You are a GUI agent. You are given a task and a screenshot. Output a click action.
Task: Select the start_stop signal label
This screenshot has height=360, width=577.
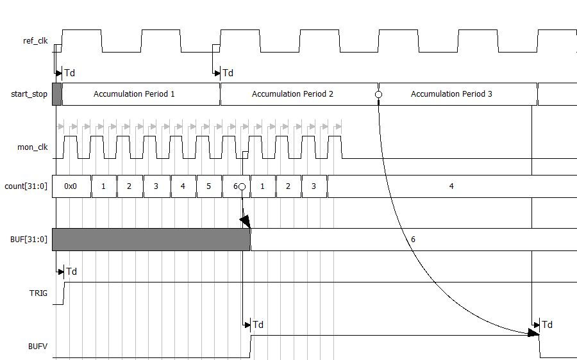pos(29,94)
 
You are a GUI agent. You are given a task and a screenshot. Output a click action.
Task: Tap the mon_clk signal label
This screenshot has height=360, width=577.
pos(33,147)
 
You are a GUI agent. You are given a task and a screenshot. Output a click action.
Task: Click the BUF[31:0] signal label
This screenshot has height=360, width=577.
pos(29,240)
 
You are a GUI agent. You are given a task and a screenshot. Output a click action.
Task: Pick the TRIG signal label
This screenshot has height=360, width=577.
pos(38,293)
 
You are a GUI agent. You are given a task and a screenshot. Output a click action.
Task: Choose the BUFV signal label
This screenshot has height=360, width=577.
pos(38,347)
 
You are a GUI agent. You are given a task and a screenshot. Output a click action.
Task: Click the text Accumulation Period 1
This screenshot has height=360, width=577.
pos(134,94)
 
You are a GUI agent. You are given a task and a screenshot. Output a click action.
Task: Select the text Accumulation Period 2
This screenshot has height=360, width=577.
pos(292,94)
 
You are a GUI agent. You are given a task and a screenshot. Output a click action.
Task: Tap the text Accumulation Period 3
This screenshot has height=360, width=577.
pos(451,94)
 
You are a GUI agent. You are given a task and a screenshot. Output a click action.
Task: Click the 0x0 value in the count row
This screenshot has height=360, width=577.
pos(71,186)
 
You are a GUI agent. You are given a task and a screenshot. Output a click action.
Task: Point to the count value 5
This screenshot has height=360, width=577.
pos(209,186)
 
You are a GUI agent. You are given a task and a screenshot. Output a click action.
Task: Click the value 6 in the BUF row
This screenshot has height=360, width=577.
pos(413,240)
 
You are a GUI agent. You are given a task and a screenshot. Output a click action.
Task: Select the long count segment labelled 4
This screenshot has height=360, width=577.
pos(451,186)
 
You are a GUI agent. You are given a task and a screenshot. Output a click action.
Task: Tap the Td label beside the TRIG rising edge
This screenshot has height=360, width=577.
pos(71,272)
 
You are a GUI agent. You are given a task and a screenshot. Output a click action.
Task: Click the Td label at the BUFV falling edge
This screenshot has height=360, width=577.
pos(547,325)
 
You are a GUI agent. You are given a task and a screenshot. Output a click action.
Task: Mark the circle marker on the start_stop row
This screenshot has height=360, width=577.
pos(378,94)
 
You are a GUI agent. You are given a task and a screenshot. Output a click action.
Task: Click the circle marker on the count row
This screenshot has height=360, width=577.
pos(242,186)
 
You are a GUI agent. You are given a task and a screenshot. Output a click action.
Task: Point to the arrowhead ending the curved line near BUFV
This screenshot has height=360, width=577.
pos(533,332)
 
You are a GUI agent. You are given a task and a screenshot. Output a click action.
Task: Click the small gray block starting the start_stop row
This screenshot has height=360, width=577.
pos(57,94)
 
